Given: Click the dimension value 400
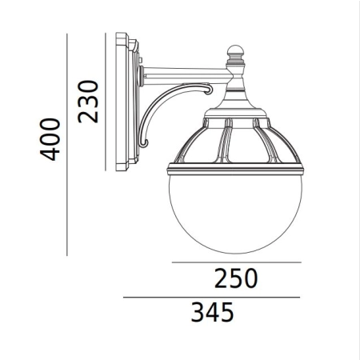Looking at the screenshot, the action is tap(50, 139).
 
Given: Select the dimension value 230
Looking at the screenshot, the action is tap(88, 102).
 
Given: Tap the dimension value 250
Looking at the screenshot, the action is tap(236, 278).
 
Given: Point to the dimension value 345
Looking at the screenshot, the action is tap(213, 312).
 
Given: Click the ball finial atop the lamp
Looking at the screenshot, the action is tap(235, 50).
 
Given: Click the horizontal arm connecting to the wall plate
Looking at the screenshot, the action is tap(186, 76).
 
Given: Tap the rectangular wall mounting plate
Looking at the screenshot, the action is tap(127, 102).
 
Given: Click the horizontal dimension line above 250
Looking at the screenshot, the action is tap(237, 262).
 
